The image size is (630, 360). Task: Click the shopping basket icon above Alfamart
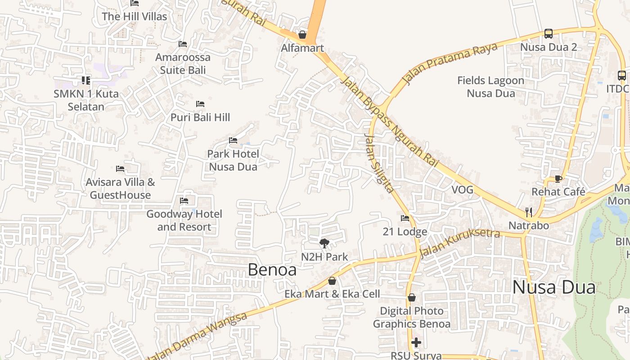302,35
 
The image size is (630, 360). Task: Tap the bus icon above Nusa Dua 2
548,33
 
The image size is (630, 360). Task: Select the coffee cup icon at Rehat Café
558,179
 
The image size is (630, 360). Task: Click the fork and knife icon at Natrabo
529,212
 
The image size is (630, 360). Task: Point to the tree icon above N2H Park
324,244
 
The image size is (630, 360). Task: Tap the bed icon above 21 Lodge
405,218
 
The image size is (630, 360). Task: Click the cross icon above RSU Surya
416,342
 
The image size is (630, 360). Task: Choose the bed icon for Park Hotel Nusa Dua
233,140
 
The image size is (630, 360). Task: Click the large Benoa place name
272,270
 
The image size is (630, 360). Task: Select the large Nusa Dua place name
554,287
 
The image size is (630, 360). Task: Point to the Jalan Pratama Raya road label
450,63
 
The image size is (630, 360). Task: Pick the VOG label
463,190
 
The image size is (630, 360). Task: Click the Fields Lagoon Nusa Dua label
490,87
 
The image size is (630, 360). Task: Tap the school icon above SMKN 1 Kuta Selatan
86,81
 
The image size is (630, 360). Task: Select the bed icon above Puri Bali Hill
200,104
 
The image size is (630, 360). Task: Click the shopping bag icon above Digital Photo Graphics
411,297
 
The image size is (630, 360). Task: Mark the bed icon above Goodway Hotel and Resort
184,200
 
